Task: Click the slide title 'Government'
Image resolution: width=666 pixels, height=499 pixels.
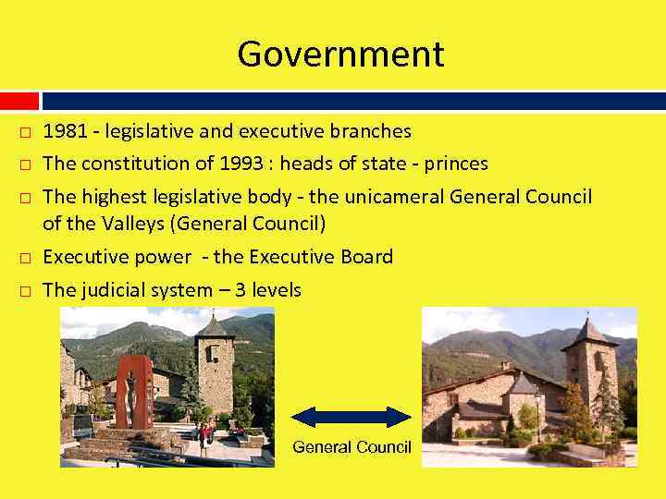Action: (340, 55)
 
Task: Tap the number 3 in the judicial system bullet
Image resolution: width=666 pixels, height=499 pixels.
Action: (240, 290)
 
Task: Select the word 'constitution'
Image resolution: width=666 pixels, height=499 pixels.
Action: (134, 164)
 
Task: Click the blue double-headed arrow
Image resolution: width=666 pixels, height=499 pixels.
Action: (351, 417)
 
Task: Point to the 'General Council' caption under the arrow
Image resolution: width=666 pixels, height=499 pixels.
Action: (351, 447)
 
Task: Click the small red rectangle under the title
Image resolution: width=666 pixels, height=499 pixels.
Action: (18, 100)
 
